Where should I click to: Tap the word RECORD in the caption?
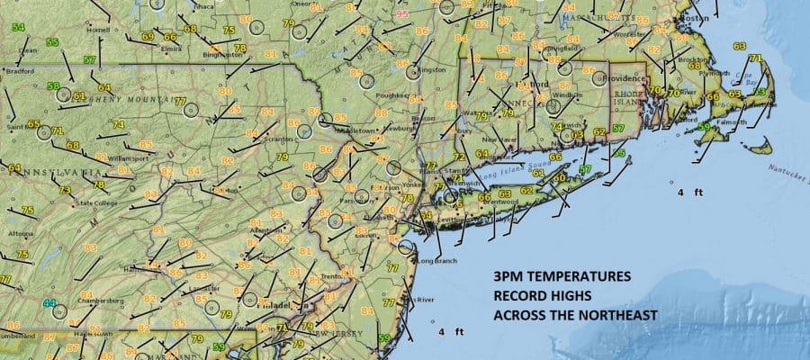519,296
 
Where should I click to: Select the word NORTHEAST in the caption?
615,315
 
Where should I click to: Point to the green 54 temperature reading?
18,27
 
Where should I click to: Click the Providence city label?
622,78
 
